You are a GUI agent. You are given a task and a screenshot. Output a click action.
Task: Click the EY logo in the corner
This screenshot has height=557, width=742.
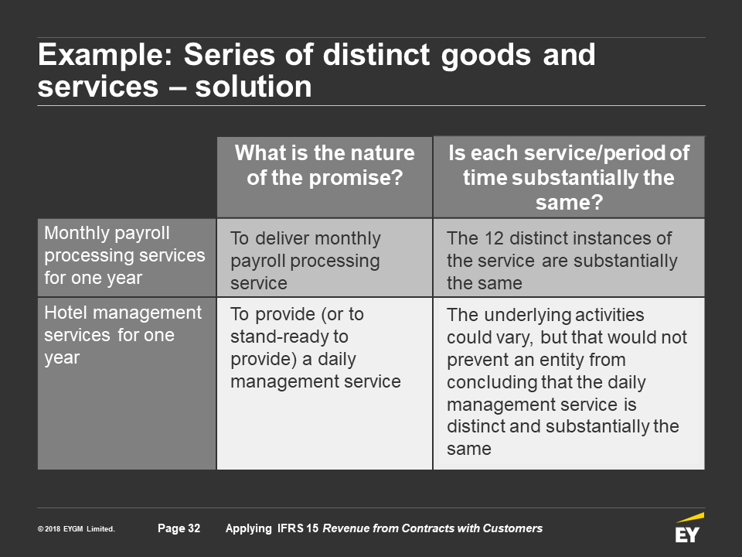click(689, 528)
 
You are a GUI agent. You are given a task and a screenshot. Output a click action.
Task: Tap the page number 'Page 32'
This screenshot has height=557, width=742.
click(179, 528)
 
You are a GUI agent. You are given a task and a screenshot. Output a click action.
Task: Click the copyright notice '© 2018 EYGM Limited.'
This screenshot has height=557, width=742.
click(77, 529)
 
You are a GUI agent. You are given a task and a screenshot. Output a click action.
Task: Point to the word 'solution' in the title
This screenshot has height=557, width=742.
click(254, 87)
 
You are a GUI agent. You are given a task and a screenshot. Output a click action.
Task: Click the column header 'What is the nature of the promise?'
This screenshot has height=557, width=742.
click(325, 166)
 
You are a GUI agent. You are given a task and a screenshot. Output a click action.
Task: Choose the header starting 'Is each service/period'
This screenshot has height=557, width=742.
click(569, 178)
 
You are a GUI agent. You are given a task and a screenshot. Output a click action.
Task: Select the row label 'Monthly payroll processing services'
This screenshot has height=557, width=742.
click(124, 255)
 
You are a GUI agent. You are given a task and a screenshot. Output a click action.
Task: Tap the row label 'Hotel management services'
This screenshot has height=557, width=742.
click(123, 335)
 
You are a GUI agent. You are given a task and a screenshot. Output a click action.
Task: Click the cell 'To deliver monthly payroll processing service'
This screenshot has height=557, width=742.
click(305, 261)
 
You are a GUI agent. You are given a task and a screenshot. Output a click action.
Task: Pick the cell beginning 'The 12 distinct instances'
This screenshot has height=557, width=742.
click(562, 261)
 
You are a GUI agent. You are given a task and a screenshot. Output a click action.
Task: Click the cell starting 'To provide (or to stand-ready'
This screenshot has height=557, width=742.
click(315, 347)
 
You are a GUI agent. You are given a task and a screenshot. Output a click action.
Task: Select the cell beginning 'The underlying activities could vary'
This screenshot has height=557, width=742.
click(567, 381)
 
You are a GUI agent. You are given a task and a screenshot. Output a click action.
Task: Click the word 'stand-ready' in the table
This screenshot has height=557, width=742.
click(289, 337)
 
